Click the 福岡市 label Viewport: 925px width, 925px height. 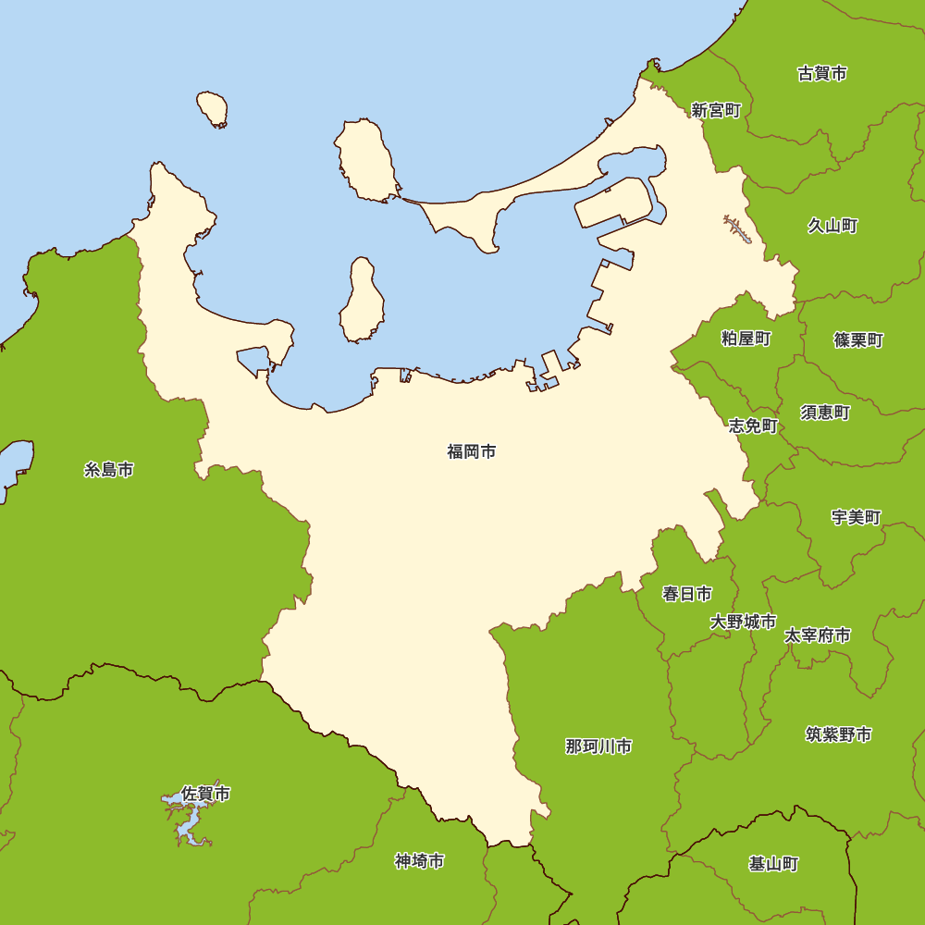(472, 452)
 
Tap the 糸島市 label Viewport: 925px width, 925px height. (109, 470)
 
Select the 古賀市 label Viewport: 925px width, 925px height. (821, 73)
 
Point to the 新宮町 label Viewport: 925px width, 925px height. (716, 110)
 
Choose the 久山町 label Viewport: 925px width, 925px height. (832, 226)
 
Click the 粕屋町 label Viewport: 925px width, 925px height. (746, 339)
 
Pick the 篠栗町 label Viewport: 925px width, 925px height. (858, 340)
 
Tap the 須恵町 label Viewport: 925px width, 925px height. (825, 413)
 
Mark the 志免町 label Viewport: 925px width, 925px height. (753, 425)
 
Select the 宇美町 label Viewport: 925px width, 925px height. (856, 517)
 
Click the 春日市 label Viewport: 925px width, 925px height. (687, 594)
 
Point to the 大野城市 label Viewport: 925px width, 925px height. (743, 622)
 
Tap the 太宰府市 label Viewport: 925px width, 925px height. (818, 635)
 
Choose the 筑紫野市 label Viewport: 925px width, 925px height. (838, 734)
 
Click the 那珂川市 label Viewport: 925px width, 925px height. (598, 746)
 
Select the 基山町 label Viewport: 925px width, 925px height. (773, 864)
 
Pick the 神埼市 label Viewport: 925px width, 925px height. (419, 861)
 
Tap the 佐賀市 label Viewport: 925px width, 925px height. (205, 794)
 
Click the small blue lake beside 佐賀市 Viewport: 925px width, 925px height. (185, 819)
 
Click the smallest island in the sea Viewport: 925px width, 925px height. (212, 108)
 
